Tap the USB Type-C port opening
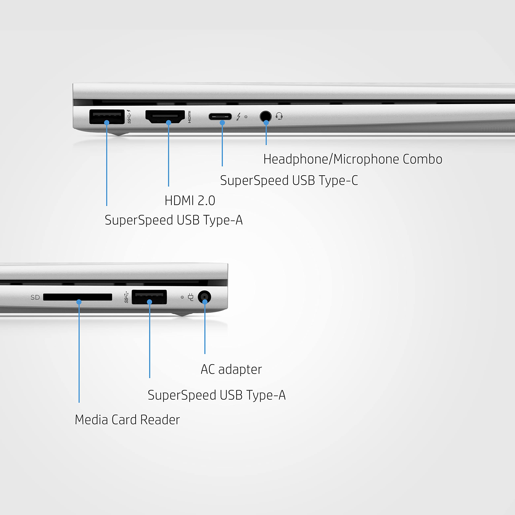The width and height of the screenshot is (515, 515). pos(220,116)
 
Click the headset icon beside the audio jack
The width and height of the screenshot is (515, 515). pos(279,116)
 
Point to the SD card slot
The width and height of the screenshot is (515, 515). pos(78,297)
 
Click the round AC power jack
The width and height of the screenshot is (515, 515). pos(204,297)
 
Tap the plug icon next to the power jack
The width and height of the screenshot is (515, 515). pos(191,297)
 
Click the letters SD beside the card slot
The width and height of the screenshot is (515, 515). pos(35,297)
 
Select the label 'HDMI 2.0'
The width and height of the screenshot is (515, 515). pos(190,200)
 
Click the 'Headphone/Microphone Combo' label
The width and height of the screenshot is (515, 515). pos(353,159)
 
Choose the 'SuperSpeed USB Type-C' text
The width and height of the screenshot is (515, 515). pos(289,180)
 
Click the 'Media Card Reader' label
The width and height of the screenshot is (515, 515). pos(127,420)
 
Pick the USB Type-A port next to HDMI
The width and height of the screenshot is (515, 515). pos(107,116)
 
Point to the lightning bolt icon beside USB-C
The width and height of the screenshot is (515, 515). pos(239,116)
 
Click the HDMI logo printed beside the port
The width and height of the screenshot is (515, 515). pos(189,117)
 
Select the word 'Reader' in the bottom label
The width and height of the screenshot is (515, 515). pos(160,420)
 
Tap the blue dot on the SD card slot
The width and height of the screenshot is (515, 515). pos(79,302)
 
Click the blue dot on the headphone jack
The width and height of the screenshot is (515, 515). pos(266,123)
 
